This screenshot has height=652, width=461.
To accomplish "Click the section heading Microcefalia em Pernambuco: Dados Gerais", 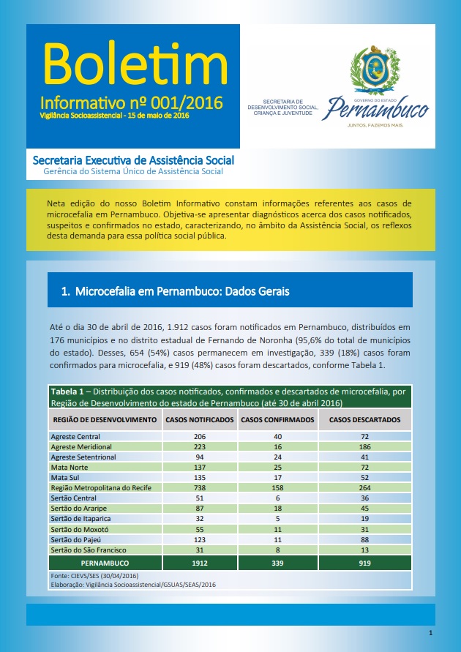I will tap(175, 291).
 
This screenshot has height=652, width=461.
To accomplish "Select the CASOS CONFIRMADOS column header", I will tap(277, 420).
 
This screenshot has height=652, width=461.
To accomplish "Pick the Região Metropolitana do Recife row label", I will tap(100, 487).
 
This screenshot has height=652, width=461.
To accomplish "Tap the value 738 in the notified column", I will tap(200, 487).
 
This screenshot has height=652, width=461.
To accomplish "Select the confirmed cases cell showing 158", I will tap(277, 487).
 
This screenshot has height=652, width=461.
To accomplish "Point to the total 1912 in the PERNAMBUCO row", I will tap(200, 563).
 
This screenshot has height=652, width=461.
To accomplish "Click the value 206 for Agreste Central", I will tap(200, 436).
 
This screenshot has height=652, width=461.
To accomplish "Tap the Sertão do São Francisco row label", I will tap(87, 549).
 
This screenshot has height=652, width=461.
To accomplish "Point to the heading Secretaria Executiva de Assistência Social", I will tap(134, 160).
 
